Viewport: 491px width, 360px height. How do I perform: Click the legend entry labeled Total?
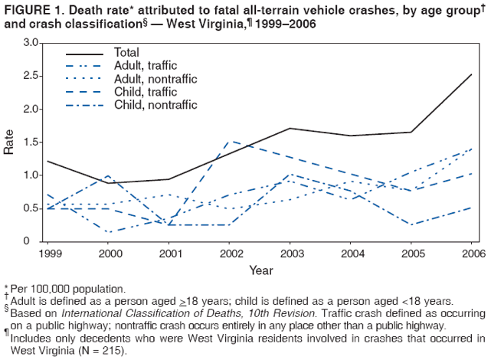(x=126, y=54)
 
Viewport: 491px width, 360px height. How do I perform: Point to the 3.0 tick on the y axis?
(x=30, y=42)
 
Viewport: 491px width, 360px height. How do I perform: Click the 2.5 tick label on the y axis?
(x=30, y=75)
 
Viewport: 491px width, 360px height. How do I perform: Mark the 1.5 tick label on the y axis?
(x=30, y=142)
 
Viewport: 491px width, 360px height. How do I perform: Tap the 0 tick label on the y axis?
(x=34, y=241)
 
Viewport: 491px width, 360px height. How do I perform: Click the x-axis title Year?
(x=261, y=270)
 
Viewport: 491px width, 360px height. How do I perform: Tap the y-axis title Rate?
(x=8, y=142)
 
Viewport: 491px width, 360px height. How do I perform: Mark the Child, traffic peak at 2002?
(x=231, y=141)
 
